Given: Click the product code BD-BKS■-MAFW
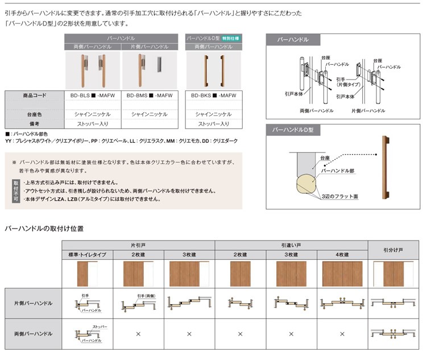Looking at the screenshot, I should (x=214, y=96).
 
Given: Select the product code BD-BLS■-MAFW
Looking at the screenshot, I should (x=92, y=96).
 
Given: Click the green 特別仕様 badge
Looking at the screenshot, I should (x=231, y=38).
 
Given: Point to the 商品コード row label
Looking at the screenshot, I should (x=35, y=96).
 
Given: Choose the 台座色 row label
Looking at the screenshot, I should (x=35, y=114).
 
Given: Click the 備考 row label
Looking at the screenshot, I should (x=35, y=123).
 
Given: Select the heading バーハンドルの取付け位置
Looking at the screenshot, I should (x=44, y=229).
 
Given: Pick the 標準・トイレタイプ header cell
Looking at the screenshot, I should (x=87, y=255).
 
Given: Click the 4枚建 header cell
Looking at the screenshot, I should (x=342, y=255).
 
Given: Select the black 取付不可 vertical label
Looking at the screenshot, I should (x=15, y=191).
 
